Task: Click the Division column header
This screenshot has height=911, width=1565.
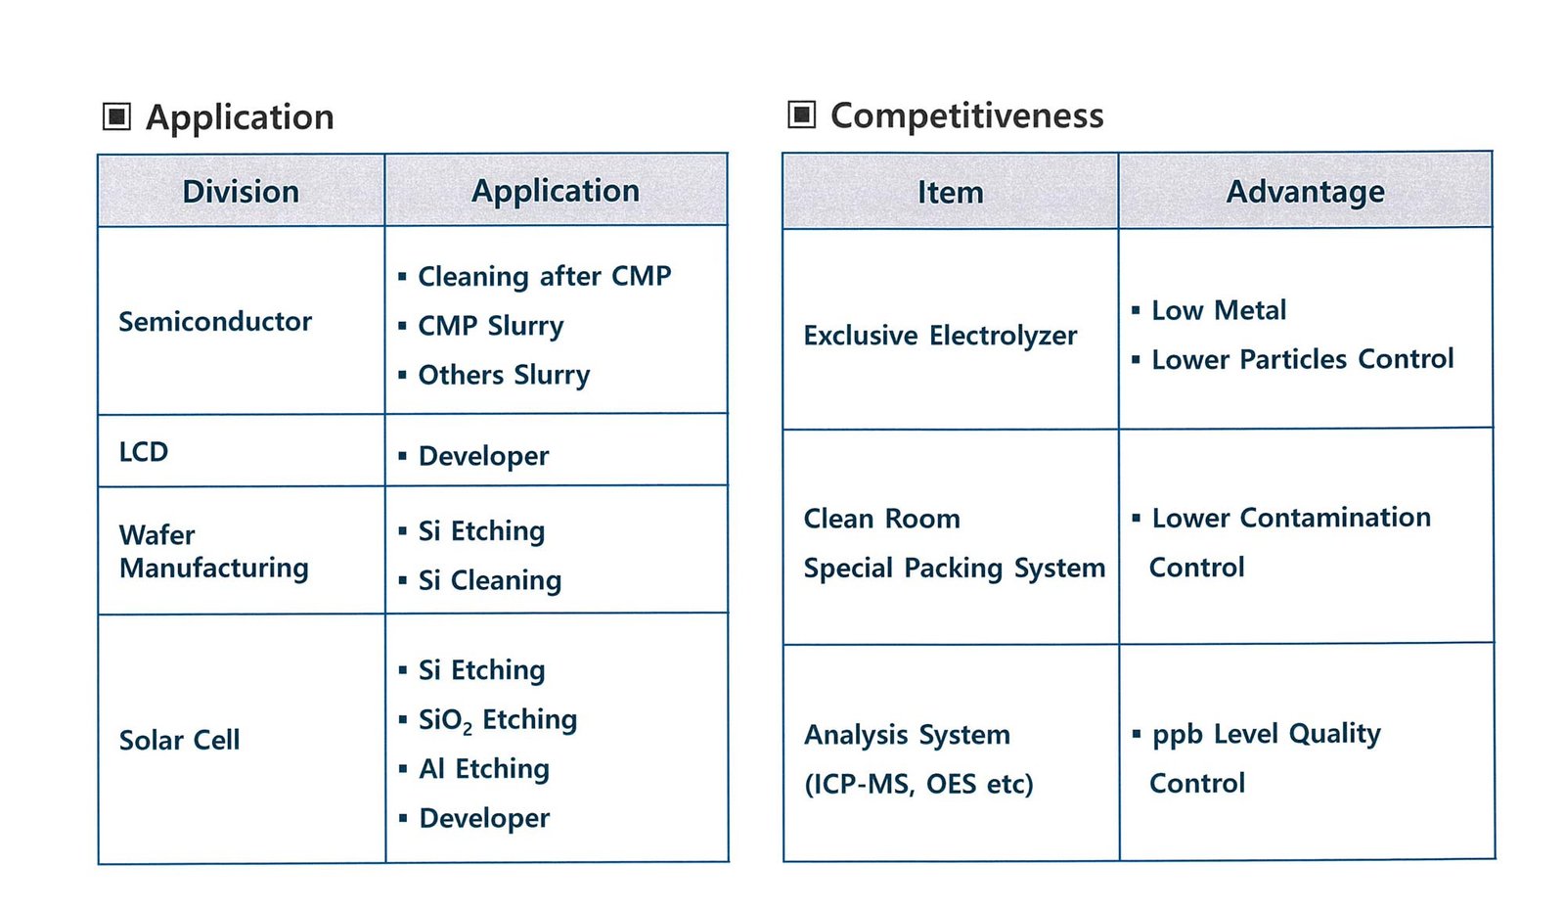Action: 241,192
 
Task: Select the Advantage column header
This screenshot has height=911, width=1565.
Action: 1305,192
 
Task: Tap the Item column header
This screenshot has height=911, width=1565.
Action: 950,192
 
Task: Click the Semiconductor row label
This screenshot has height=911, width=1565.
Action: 215,322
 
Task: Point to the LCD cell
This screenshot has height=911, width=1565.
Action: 144,452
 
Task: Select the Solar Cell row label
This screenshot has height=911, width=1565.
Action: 180,740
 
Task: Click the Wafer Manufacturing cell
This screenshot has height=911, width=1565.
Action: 214,551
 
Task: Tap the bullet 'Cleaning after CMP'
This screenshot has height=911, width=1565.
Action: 544,276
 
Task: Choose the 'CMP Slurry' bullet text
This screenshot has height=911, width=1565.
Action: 490,326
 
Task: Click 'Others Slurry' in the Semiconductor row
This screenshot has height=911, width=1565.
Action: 504,375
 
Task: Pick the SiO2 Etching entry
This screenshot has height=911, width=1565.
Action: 498,720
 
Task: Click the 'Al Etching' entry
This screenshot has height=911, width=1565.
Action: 483,768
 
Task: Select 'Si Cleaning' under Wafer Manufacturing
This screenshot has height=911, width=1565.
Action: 490,580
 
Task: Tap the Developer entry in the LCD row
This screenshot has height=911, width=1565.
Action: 483,457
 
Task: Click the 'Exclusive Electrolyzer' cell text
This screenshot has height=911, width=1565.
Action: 940,336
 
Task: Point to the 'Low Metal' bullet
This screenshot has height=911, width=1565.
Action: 1219,310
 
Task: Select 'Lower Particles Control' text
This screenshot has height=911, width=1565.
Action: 1302,359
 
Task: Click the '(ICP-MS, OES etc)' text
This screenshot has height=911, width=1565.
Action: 918,784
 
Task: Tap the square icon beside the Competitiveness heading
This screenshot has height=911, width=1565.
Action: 801,114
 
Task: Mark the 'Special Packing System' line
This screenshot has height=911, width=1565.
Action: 955,568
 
